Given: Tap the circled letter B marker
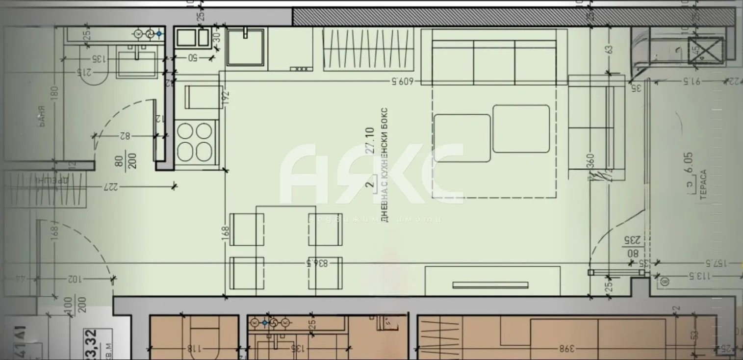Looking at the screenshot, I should coord(665,282).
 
